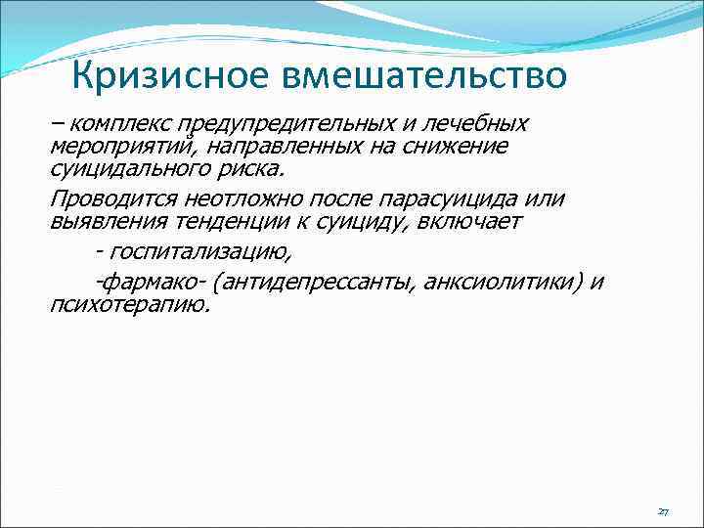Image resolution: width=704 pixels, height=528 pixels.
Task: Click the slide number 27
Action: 663,511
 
